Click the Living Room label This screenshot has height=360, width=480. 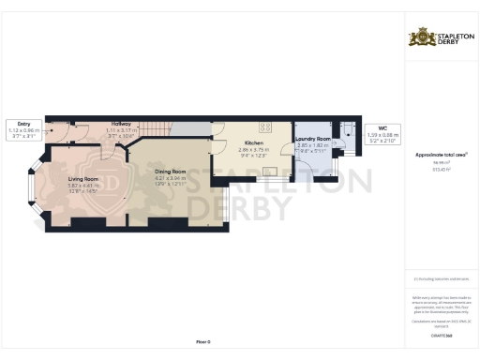[x=83, y=178]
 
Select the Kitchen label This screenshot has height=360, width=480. [x=253, y=142]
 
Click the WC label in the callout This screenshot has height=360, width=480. [x=382, y=128]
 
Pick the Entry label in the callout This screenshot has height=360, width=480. [x=23, y=123]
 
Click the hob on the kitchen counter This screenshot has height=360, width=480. [x=265, y=127]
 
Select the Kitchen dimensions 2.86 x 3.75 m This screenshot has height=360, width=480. [x=253, y=149]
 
